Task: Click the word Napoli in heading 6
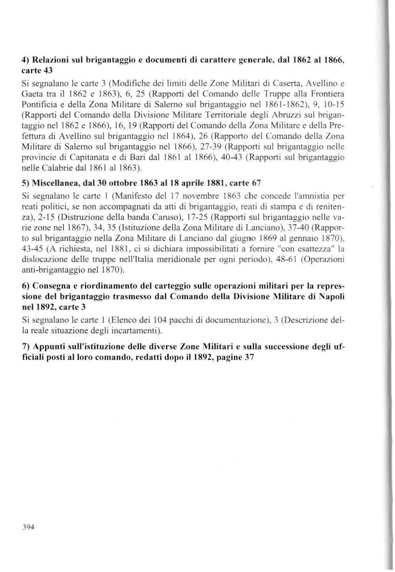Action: [x=331, y=296]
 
